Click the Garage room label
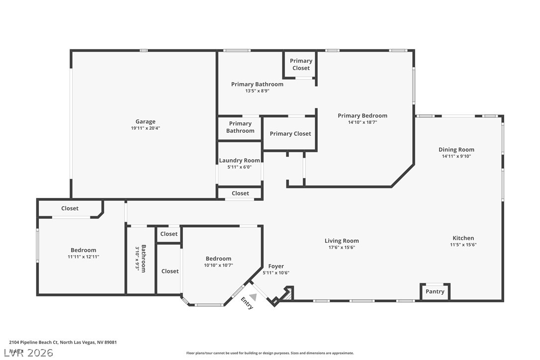(145, 121)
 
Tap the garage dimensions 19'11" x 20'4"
(145, 128)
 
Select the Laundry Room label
(240, 161)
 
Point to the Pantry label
(435, 292)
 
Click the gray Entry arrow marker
(253, 297)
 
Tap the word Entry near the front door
(247, 303)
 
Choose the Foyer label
(276, 267)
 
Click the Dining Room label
(456, 150)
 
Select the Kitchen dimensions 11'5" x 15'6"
(463, 245)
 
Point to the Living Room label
(342, 241)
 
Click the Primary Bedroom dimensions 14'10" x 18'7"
(362, 122)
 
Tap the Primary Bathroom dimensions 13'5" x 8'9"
(257, 91)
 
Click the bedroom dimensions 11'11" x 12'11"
(83, 257)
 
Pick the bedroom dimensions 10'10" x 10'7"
(218, 265)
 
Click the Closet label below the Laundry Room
(240, 193)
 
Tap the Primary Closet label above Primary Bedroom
(301, 65)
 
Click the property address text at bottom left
(63, 342)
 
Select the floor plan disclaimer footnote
(270, 353)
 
